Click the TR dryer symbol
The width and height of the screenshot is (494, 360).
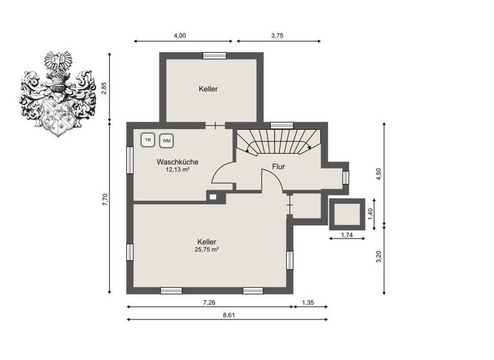tap(148, 139)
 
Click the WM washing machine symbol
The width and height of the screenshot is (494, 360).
tap(167, 140)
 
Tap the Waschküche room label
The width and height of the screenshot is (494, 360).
tap(177, 163)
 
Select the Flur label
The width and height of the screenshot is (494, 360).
tap(279, 166)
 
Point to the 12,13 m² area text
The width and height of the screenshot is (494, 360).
tap(177, 170)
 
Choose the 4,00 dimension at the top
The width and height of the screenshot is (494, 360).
tap(181, 35)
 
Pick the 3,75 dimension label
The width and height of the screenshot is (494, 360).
tap(277, 35)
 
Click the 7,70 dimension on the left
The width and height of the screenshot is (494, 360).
tap(104, 200)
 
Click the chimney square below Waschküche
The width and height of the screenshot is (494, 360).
tap(212, 197)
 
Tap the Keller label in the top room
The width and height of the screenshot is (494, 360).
tap(208, 89)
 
